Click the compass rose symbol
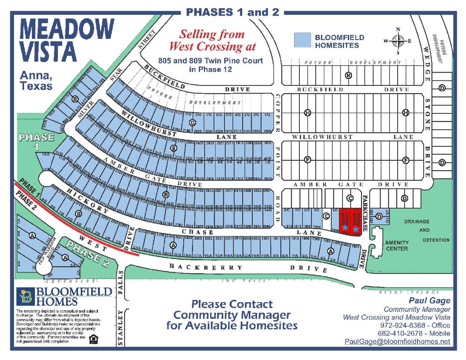click(397, 41)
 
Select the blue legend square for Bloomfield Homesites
click(303, 40)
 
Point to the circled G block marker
click(192, 122)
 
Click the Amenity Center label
click(396, 245)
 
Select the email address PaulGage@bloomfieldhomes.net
click(397, 342)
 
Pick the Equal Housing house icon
click(93, 339)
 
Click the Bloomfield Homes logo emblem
click(26, 297)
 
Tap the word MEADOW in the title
click(66, 29)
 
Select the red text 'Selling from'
click(212, 34)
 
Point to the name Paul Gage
click(429, 301)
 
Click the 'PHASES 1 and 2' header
click(233, 12)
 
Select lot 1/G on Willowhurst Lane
click(267, 115)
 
